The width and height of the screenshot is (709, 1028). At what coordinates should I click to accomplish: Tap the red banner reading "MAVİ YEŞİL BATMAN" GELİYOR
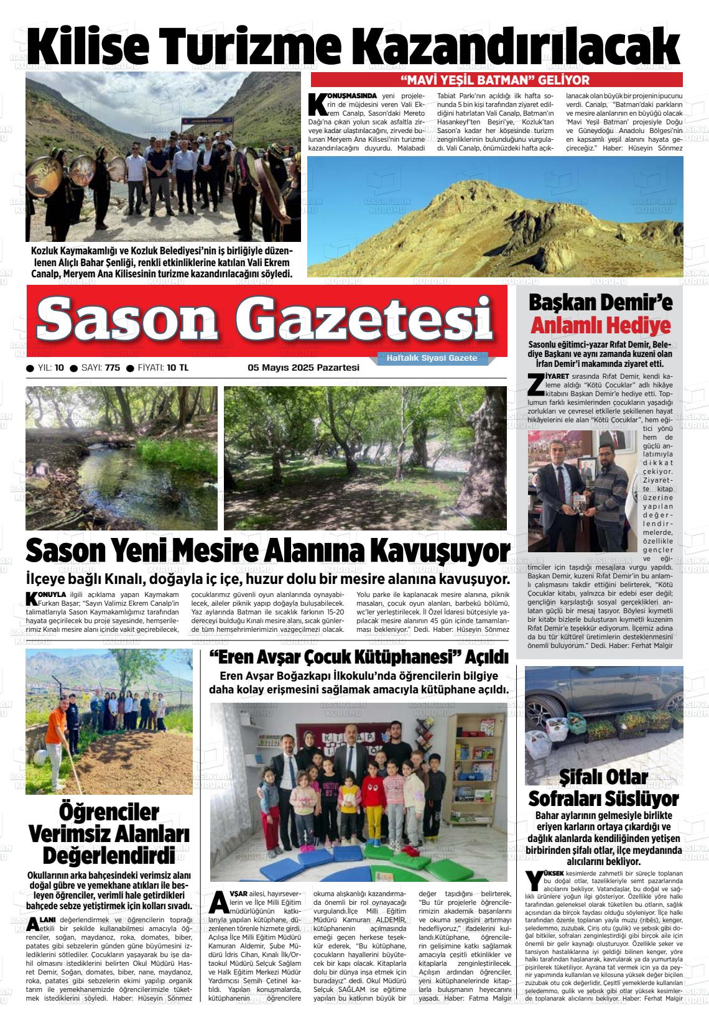coord(496,80)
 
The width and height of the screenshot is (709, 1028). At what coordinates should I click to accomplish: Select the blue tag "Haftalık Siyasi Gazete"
coord(432,358)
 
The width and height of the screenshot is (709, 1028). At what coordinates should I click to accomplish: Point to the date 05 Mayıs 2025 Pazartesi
coord(304,368)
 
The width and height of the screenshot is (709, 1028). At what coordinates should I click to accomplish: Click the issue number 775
coord(113,368)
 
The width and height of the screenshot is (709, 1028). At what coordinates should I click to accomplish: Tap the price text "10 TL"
coord(177,368)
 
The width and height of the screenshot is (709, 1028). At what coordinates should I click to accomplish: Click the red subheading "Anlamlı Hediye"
coord(600,326)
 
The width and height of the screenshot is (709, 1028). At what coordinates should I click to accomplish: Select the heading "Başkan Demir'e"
coord(600,303)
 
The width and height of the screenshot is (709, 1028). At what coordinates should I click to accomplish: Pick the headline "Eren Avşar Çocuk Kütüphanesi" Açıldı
coord(359,657)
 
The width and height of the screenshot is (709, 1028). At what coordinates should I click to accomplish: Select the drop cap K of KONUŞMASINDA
coord(317,104)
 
